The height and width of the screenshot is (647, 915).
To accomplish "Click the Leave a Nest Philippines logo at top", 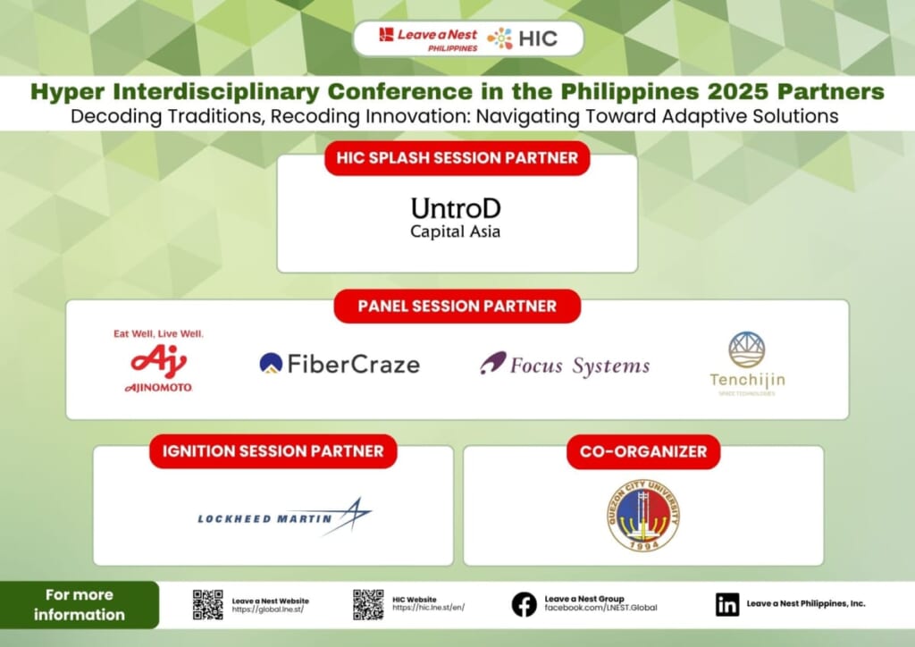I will pyautogui.click(x=428, y=38).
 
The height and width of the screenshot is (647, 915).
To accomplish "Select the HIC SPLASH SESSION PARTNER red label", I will pyautogui.click(x=457, y=158).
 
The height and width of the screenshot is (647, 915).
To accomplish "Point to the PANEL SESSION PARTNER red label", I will pyautogui.click(x=457, y=306).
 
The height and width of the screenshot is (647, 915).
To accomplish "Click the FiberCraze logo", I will pyautogui.click(x=339, y=364).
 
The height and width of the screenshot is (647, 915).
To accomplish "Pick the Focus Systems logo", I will pyautogui.click(x=565, y=365).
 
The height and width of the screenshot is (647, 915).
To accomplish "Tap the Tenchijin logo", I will pyautogui.click(x=747, y=363).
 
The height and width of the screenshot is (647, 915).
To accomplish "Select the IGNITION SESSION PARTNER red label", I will pyautogui.click(x=273, y=451).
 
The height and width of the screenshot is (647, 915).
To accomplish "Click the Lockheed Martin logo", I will pyautogui.click(x=285, y=517).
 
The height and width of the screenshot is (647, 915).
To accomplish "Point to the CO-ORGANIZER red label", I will pyautogui.click(x=642, y=451).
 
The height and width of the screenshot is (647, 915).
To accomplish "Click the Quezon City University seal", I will pyautogui.click(x=642, y=515).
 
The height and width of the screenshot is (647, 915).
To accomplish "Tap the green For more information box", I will pyautogui.click(x=80, y=604).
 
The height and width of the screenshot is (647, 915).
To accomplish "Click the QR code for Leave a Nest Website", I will pyautogui.click(x=207, y=605).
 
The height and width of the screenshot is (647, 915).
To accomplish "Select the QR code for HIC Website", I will pyautogui.click(x=368, y=605).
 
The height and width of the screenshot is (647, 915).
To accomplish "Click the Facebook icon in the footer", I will pyautogui.click(x=524, y=605).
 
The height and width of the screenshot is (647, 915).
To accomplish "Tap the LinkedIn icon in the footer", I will pyautogui.click(x=727, y=605).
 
